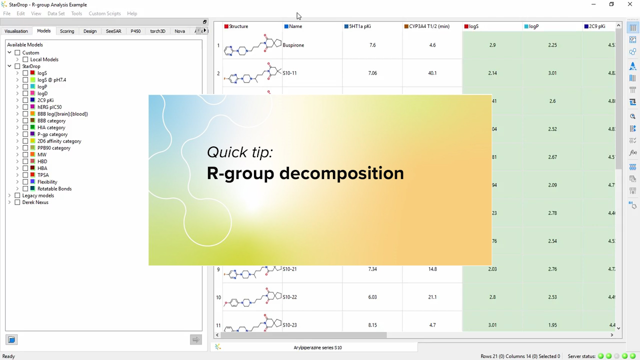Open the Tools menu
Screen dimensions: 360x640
click(x=76, y=13)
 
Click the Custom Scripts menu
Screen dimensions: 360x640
click(x=104, y=13)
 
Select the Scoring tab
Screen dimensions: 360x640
click(x=67, y=31)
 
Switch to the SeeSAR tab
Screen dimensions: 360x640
click(x=113, y=31)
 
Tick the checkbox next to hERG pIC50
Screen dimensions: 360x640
click(x=25, y=107)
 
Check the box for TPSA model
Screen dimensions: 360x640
click(x=25, y=175)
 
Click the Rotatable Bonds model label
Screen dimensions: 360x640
click(x=54, y=188)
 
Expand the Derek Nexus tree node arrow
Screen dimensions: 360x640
click(x=9, y=202)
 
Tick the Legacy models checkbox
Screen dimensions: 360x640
click(x=17, y=195)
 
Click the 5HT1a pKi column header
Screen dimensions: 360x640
click(x=360, y=26)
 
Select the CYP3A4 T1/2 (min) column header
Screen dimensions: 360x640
click(x=429, y=26)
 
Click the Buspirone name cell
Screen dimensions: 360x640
click(x=293, y=45)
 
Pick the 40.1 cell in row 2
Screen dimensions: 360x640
click(x=432, y=73)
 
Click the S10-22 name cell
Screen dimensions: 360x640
click(x=290, y=297)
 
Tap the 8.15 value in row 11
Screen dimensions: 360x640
click(x=372, y=325)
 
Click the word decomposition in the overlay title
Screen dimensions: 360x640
click(x=341, y=173)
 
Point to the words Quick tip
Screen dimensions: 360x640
click(x=240, y=152)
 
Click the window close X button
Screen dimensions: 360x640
click(x=630, y=4)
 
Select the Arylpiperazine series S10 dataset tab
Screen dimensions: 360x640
click(x=318, y=347)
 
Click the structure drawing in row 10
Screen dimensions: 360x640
click(x=252, y=297)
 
